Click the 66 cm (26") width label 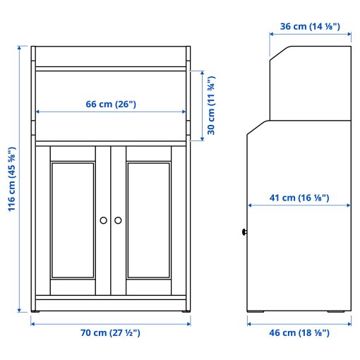[111, 104]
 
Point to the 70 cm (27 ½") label [111, 332]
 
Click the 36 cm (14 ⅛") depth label [310, 27]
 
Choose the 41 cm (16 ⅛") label [299, 197]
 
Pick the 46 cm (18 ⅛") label [299, 332]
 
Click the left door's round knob [104, 221]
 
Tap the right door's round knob [118, 221]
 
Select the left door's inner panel [72, 220]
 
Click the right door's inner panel [149, 220]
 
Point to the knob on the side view [244, 231]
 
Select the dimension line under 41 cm [299, 205]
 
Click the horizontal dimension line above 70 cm [111, 323]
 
